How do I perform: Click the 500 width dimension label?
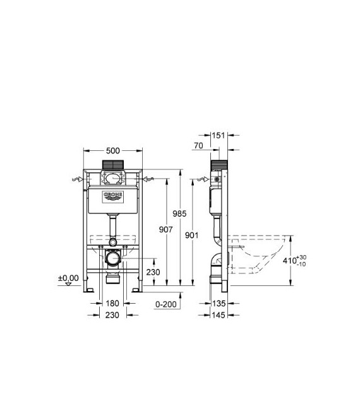coord(113,151)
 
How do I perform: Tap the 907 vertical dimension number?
coord(165,230)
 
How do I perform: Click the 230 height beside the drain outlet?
coord(152,272)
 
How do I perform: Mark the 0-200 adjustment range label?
coord(165,303)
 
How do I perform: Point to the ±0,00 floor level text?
coord(68,277)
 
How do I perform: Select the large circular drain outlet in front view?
coord(112,258)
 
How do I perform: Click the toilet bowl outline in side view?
coord(259,256)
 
